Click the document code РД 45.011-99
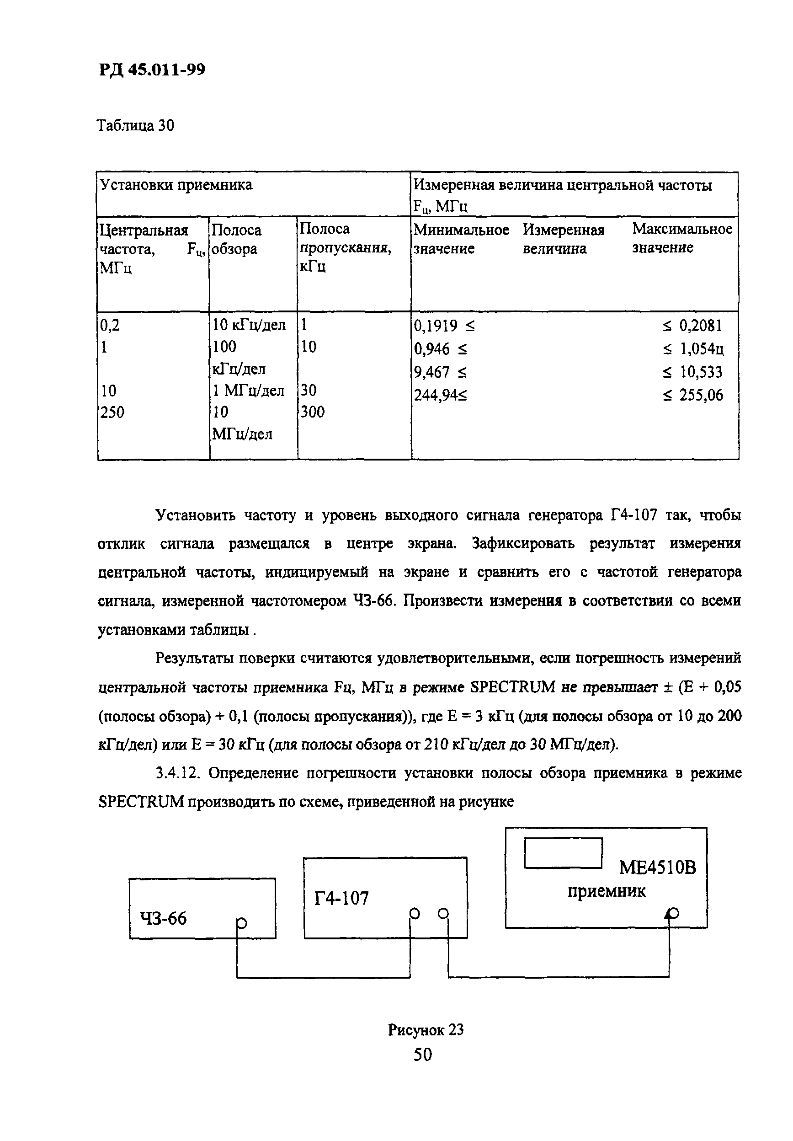click(152, 70)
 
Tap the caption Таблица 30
click(135, 126)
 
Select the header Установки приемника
click(176, 185)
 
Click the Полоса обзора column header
click(236, 239)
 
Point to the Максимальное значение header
click(681, 238)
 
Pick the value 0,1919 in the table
click(436, 326)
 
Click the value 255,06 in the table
click(701, 395)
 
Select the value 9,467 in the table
click(431, 372)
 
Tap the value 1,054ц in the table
click(701, 349)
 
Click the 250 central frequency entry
click(112, 412)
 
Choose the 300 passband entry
click(312, 412)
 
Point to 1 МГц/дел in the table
click(248, 391)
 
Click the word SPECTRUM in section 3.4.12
click(141, 802)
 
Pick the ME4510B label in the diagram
click(657, 867)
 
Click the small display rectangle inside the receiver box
click(563, 853)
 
